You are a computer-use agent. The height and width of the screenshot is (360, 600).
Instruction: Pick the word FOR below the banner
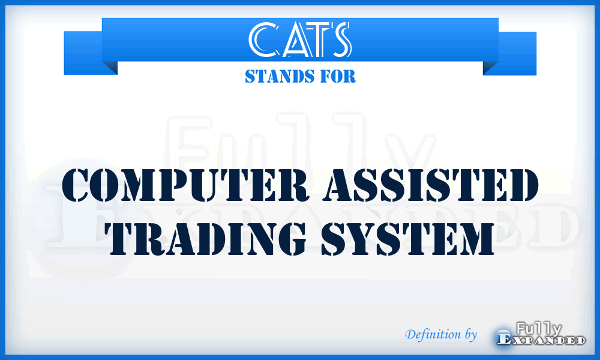pos(338,77)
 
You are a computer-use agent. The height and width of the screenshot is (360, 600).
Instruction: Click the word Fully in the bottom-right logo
pos(538,328)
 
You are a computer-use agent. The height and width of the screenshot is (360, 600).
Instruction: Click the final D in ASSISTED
pos(518,186)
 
